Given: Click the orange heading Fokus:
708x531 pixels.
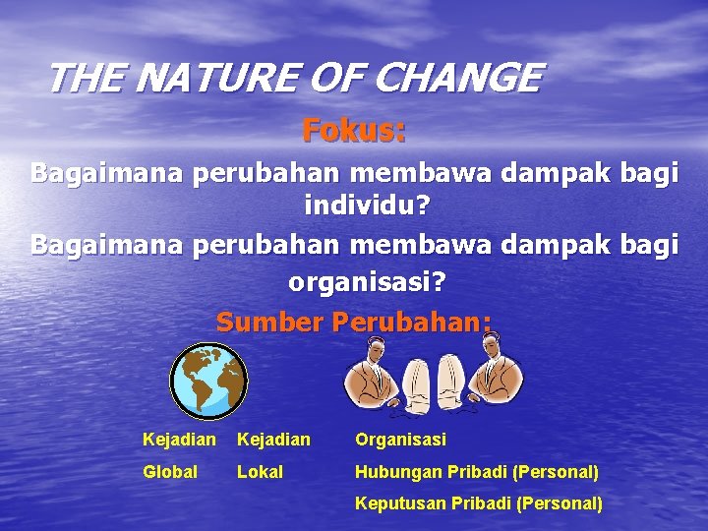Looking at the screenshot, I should click(354, 130).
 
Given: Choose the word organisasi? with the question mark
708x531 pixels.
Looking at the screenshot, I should click(367, 282).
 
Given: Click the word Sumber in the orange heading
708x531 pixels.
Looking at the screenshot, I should click(269, 322).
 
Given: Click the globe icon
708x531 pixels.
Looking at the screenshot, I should click(208, 381).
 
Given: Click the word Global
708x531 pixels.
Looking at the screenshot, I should click(170, 472).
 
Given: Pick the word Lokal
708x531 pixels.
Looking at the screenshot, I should click(260, 472).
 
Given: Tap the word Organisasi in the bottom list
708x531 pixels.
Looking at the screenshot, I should click(400, 440).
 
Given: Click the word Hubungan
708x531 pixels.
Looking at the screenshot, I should click(398, 472).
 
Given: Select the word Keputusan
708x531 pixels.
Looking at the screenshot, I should click(398, 503).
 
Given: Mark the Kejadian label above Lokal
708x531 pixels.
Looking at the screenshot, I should click(273, 440).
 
